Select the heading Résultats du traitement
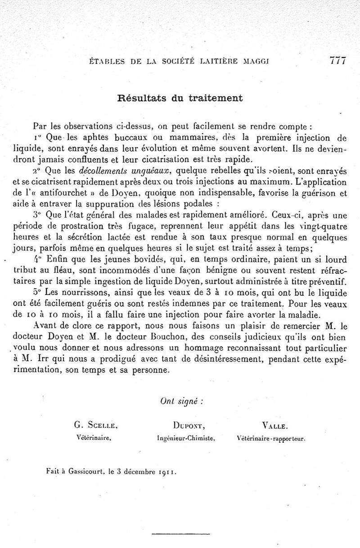coord(180,98)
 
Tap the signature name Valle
coord(275,425)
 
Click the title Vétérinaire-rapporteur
coord(271,437)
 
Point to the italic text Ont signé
coord(181,402)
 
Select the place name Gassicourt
coord(83,472)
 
